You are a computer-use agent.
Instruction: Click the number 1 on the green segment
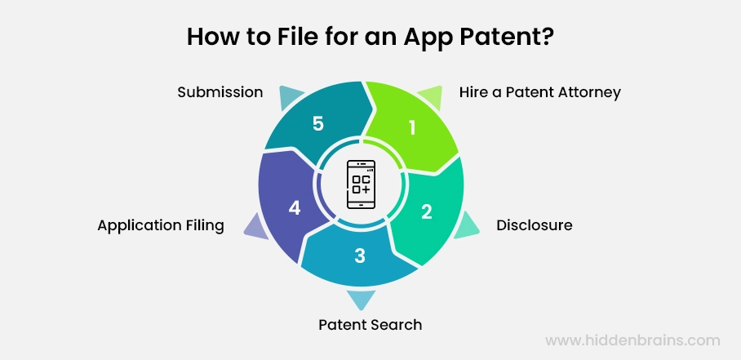[x=412, y=128]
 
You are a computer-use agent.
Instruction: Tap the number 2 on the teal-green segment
[x=426, y=212]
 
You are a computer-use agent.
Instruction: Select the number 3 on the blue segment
[x=360, y=256]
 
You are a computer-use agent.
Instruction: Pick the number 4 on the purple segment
[x=295, y=208]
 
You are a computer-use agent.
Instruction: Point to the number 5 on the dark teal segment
[x=318, y=124]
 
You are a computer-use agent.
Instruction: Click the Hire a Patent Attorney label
[x=539, y=92]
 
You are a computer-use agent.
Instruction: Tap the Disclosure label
[x=535, y=225]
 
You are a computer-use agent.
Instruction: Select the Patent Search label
[x=370, y=325]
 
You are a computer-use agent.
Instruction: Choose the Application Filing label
[x=161, y=225]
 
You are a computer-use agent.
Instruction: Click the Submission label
[x=220, y=92]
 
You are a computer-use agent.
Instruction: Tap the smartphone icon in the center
[x=361, y=184]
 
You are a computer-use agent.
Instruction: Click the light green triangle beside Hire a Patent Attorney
[x=430, y=97]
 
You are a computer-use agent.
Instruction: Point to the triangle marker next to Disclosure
[x=466, y=225]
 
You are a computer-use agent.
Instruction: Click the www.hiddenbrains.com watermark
[x=632, y=340]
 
